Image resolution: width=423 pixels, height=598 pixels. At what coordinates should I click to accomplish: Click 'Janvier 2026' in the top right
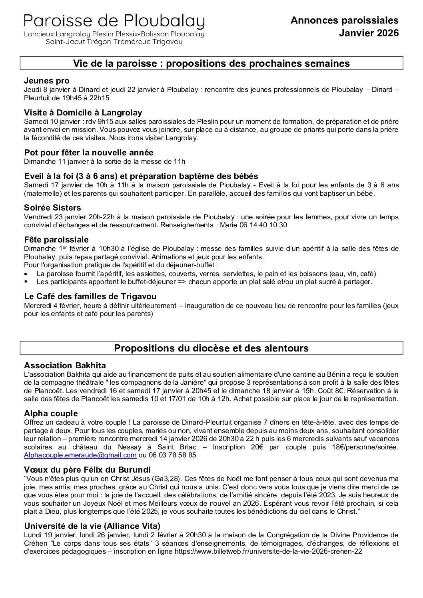tap(369, 33)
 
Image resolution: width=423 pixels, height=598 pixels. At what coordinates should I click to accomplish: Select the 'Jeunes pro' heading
tap(47, 81)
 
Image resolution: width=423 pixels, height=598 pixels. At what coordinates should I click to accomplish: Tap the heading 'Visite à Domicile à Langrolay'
tap(83, 113)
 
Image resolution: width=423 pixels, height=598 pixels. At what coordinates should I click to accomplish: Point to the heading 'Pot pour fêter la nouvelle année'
tap(89, 153)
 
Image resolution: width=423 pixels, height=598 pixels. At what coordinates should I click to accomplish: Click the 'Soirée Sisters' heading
tap(52, 208)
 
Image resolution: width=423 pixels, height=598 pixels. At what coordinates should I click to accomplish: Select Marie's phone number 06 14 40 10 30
tap(263, 225)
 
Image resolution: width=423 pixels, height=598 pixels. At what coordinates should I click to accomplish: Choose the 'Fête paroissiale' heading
tap(56, 240)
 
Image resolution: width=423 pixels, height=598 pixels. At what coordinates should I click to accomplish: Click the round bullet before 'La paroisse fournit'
tap(26, 274)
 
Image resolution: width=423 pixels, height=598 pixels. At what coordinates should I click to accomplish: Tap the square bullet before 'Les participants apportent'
tap(26, 282)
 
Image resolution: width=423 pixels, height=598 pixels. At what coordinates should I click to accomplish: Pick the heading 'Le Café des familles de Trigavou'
tap(90, 296)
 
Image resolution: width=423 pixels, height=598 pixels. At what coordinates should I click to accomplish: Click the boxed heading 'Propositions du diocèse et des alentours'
tap(211, 348)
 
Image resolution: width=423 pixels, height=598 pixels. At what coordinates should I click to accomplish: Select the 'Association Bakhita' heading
tap(65, 366)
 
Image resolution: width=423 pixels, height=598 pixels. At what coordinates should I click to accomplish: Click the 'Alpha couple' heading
tap(51, 413)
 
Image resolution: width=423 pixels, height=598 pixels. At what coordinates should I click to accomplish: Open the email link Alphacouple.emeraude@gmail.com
tap(80, 455)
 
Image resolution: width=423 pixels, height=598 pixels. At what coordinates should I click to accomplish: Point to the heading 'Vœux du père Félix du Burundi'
tap(87, 469)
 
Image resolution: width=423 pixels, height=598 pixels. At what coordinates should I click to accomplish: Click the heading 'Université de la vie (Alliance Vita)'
tap(92, 526)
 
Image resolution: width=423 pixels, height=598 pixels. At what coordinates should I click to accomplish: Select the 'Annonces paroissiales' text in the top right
tap(345, 20)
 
